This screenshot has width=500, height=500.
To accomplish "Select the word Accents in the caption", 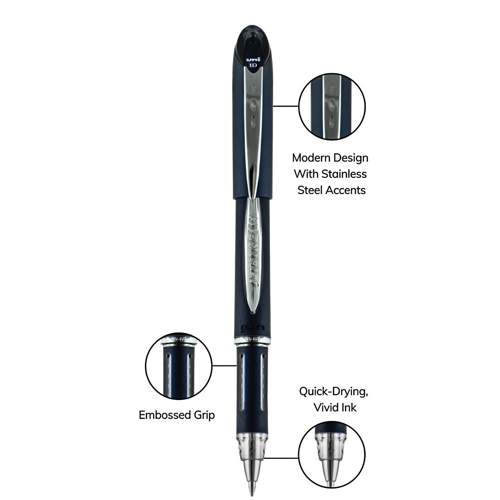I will point(346,190).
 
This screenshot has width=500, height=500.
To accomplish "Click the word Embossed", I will point(160,415).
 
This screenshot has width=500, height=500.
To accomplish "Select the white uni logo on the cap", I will point(252,59).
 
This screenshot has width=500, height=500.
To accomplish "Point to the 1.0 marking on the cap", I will point(253,65).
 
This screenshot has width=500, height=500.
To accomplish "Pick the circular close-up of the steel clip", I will point(332,106).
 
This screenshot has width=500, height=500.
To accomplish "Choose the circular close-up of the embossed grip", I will point(179,366).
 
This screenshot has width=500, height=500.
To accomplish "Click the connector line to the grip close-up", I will point(225,365).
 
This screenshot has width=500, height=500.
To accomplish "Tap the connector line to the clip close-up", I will point(285,106).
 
